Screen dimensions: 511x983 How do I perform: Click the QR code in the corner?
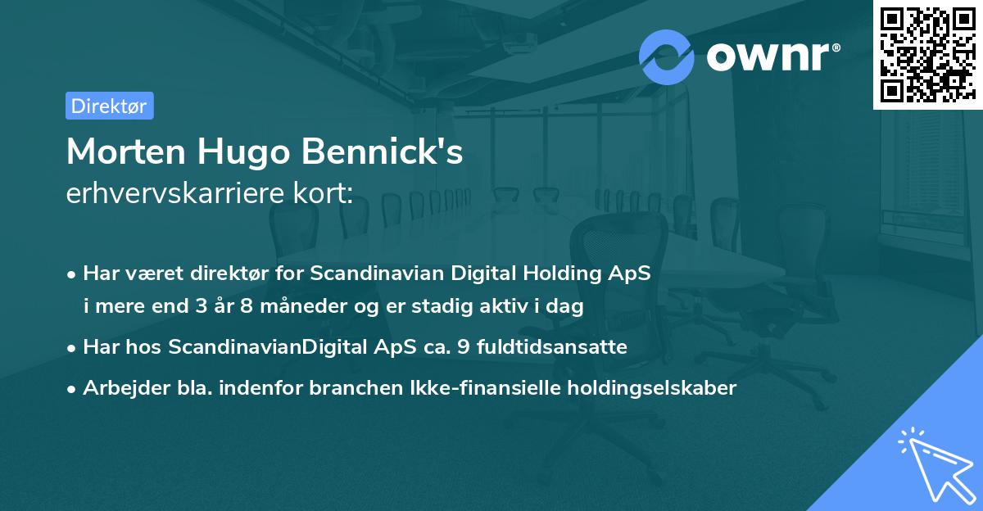(926, 54)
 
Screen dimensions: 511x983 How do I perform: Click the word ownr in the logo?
(771, 57)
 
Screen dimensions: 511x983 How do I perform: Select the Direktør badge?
(109, 106)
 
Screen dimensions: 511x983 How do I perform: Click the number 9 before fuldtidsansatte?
(464, 347)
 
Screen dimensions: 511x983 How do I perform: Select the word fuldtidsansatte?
(552, 347)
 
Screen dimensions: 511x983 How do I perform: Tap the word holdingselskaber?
(645, 388)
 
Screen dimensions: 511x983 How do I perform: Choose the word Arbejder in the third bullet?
(118, 388)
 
